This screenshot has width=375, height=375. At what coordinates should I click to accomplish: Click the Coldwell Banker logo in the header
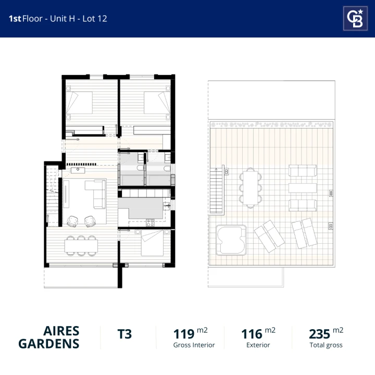pyautogui.click(x=355, y=18)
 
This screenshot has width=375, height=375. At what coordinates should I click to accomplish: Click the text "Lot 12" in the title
pyautogui.click(x=95, y=19)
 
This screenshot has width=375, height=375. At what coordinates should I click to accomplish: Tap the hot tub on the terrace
pyautogui.click(x=231, y=240)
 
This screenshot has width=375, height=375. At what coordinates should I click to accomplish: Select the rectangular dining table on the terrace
pyautogui.click(x=251, y=187)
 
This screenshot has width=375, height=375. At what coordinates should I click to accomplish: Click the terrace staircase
pyautogui.click(x=217, y=191)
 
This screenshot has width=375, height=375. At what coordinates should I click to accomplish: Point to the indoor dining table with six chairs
pyautogui.click(x=81, y=246)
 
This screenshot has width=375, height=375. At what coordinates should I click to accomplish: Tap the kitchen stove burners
pyautogui.click(x=150, y=223)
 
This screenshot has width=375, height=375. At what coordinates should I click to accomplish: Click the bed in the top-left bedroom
pyautogui.click(x=79, y=103)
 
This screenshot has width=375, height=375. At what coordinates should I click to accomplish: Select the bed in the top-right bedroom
pyautogui.click(x=157, y=103)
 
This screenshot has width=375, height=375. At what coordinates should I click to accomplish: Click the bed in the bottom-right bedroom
pyautogui.click(x=152, y=243)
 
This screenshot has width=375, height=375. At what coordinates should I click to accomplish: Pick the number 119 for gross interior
pyautogui.click(x=184, y=334)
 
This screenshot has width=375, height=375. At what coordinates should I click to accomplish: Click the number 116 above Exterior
pyautogui.click(x=252, y=334)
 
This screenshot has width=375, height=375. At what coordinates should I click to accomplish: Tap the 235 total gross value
pyautogui.click(x=319, y=334)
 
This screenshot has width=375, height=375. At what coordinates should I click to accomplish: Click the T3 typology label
pyautogui.click(x=124, y=334)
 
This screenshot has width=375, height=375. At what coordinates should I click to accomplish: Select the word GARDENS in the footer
pyautogui.click(x=49, y=344)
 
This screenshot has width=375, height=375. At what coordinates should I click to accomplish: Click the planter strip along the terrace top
pyautogui.click(x=271, y=124)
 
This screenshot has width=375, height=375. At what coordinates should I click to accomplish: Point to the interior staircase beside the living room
pyautogui.click(x=53, y=196)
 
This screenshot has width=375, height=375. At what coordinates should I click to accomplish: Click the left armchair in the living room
pyautogui.click(x=72, y=221)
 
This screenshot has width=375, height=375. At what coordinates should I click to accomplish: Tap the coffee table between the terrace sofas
pyautogui.click(x=303, y=188)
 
